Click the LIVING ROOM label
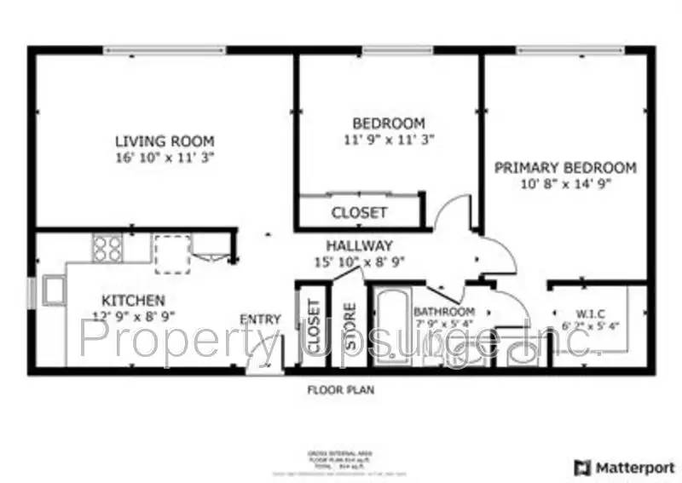point(165,141)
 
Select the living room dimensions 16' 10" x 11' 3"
point(165,158)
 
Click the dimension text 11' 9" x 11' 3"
point(389,139)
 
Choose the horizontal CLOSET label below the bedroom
point(359,212)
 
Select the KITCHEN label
point(133,300)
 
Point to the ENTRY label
point(260,319)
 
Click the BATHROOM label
point(444,312)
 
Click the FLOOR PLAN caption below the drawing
point(341,390)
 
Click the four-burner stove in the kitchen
point(107,248)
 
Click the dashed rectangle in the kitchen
point(173,254)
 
